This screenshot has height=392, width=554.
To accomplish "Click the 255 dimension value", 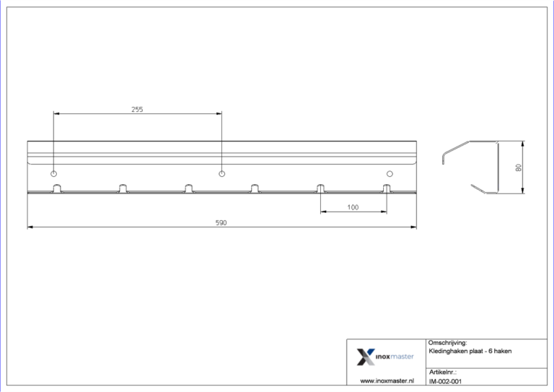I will (x=137, y=110).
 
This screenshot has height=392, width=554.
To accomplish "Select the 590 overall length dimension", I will (x=221, y=223).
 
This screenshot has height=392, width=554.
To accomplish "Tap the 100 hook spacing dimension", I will (x=353, y=207).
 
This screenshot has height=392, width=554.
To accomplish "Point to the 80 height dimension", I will (x=518, y=167).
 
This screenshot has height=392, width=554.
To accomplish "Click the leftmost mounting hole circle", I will (x=54, y=174).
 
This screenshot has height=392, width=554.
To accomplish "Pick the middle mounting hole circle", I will (x=221, y=174).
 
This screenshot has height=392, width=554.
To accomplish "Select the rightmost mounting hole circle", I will (x=390, y=174).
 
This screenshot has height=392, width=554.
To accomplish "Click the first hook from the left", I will (x=56, y=189).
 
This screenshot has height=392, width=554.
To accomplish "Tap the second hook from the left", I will (x=122, y=189).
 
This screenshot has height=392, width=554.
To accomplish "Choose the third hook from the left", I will (x=188, y=189).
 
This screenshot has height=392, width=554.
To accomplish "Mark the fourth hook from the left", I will (x=255, y=189).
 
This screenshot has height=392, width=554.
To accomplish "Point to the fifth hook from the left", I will (x=320, y=189).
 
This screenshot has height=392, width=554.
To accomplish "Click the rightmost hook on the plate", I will (x=387, y=189).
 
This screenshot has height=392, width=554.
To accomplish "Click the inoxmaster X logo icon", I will (x=366, y=356).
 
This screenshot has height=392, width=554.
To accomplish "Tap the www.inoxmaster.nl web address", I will (x=386, y=380).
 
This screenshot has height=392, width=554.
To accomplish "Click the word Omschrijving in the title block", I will (x=448, y=343).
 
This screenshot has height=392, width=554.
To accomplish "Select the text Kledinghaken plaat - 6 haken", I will (x=470, y=351).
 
